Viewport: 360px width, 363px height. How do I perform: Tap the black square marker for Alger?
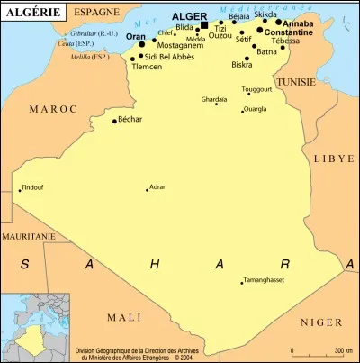(x=204, y=25)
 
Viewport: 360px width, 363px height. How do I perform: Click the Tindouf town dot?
(x=20, y=190)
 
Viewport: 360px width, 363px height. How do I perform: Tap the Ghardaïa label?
(x=214, y=98)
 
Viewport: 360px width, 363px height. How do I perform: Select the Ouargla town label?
(x=256, y=110)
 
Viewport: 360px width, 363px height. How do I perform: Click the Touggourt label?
(x=257, y=89)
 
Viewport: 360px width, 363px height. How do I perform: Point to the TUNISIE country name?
(x=296, y=81)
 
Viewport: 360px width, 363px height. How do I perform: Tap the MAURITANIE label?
(x=28, y=235)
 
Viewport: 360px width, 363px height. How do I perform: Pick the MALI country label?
(x=124, y=317)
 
